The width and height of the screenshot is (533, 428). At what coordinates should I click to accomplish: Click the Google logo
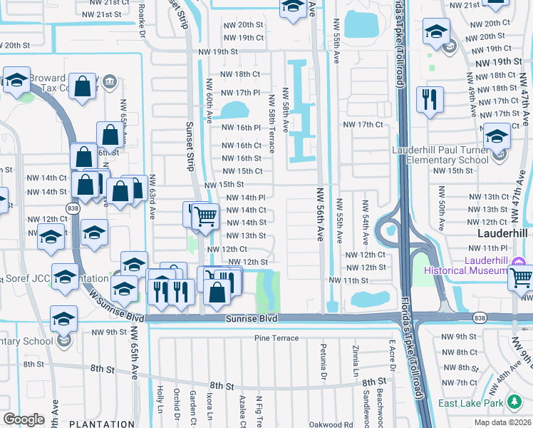pos(24,419)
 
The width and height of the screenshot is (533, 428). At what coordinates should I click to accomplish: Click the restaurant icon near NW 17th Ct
pos(430,100)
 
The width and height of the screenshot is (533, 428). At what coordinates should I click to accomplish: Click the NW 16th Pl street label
pos(242,128)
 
